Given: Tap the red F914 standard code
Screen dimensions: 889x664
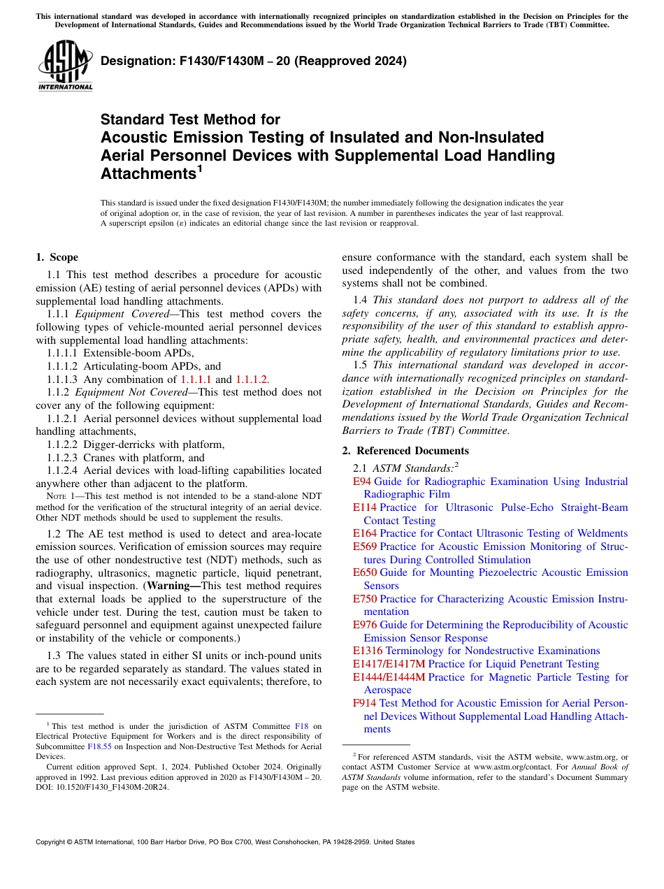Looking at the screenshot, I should click(365, 703).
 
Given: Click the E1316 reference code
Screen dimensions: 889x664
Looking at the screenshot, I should click(368, 651).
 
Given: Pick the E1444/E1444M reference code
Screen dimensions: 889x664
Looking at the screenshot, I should click(389, 677).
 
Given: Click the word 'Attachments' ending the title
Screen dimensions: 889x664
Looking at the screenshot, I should click(146, 174).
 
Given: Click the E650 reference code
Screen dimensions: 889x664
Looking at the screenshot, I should click(365, 572).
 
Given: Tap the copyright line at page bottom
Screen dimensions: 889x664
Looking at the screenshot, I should click(224, 842).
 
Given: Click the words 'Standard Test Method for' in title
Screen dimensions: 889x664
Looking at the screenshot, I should click(190, 120).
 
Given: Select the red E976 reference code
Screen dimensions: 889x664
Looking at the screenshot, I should click(365, 625).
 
